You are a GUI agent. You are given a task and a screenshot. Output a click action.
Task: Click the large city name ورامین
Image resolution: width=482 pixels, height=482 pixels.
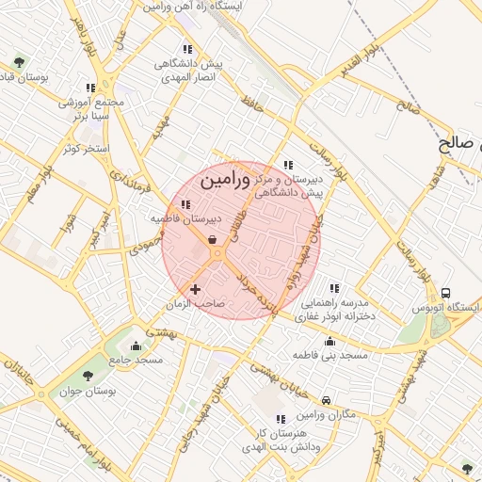pyautogui.click(x=227, y=178)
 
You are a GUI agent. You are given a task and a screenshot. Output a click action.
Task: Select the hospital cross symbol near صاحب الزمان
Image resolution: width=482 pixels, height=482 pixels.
pyautogui.click(x=195, y=289)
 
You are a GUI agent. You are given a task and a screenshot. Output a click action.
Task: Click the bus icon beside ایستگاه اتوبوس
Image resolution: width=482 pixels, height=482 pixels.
pyautogui.click(x=445, y=293)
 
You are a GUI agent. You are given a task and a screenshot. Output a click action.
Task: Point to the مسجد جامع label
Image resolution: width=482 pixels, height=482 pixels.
pyautogui.click(x=136, y=360)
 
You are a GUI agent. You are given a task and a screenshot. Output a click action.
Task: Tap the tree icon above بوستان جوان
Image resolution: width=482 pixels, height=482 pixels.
pyautogui.click(x=88, y=376)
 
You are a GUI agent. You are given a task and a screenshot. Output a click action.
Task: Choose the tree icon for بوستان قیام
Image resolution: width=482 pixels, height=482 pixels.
pyautogui.click(x=19, y=62)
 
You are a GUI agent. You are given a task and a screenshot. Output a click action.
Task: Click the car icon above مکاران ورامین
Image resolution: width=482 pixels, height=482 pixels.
pyautogui.click(x=326, y=399)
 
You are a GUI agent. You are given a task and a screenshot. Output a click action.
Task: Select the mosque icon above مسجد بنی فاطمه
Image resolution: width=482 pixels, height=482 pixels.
pyautogui.click(x=329, y=341)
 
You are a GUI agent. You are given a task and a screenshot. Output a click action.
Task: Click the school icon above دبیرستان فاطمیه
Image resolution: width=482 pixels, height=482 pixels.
pyautogui.click(x=185, y=204)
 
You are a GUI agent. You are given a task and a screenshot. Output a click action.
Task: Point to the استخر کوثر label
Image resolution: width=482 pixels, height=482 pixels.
pyautogui.click(x=84, y=149)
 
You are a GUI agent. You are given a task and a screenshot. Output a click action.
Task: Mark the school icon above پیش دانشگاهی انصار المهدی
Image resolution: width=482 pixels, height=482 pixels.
pyautogui.click(x=187, y=49)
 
